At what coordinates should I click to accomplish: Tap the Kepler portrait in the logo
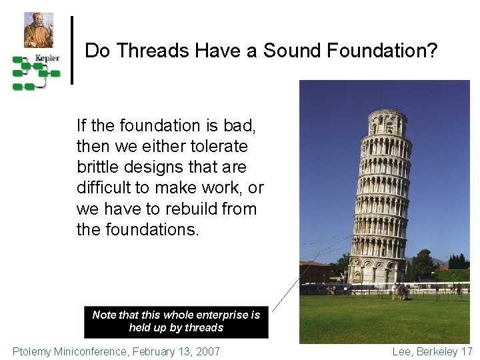click(38, 30)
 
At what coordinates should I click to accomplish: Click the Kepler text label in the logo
click(47, 58)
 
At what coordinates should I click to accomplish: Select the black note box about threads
click(176, 321)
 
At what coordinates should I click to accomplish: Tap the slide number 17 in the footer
click(466, 351)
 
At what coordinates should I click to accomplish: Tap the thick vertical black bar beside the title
click(72, 50)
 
